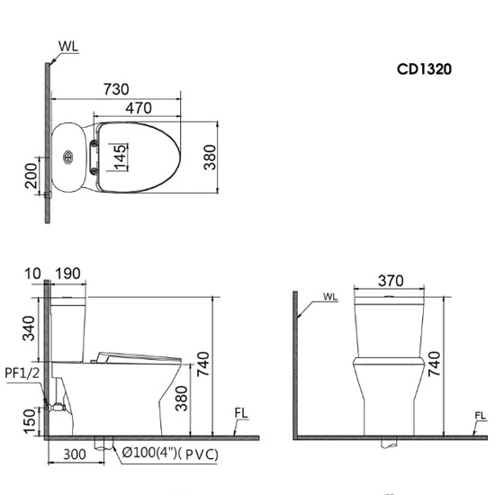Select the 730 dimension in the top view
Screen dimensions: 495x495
(x=115, y=89)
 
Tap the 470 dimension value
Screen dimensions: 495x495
(x=137, y=109)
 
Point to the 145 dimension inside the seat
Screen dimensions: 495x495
(x=121, y=157)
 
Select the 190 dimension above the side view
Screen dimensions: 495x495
(x=69, y=273)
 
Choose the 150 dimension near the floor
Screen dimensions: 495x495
(x=29, y=418)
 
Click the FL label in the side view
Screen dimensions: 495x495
(x=241, y=415)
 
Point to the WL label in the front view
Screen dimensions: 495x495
(x=330, y=296)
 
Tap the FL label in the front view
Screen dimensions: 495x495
(x=481, y=415)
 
